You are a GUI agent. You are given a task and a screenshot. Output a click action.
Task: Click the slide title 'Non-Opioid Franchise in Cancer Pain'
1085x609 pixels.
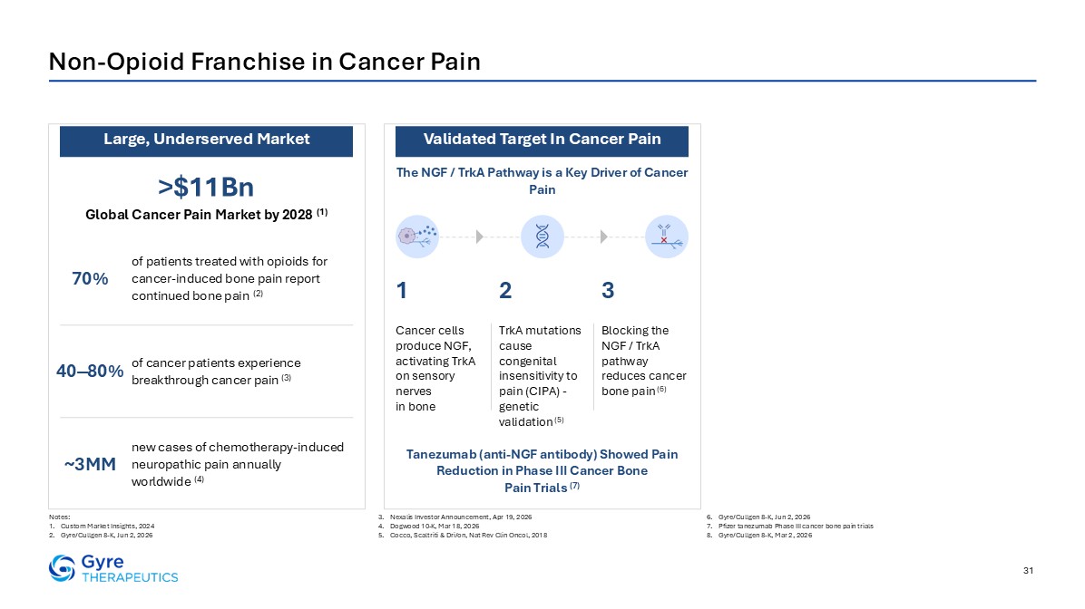click(264, 62)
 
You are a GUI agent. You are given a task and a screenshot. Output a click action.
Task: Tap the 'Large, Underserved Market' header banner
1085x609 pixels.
click(206, 141)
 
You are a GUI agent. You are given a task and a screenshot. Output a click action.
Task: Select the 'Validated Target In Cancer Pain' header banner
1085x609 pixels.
click(542, 141)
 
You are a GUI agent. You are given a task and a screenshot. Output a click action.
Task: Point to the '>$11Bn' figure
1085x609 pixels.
click(206, 187)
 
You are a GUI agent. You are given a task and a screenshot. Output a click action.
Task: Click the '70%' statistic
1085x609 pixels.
click(90, 278)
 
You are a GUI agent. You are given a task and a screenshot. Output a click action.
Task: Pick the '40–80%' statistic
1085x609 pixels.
click(90, 372)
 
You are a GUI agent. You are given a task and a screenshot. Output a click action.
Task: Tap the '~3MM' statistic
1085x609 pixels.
click(90, 464)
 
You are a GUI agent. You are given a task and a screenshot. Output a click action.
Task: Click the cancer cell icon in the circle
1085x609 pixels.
click(417, 237)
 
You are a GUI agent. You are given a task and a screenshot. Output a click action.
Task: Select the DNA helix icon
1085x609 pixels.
click(542, 237)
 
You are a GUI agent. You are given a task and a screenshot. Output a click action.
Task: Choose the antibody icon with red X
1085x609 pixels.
click(667, 237)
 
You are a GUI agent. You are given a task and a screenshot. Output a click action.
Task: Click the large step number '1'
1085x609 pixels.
click(401, 290)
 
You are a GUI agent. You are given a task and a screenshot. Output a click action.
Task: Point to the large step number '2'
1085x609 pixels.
click(505, 290)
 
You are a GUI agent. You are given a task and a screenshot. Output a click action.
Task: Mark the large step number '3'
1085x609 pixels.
click(608, 290)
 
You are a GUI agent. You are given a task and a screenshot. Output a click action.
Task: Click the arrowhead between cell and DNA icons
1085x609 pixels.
click(480, 237)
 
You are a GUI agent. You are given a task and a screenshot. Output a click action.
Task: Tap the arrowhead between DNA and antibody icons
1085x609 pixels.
click(604, 237)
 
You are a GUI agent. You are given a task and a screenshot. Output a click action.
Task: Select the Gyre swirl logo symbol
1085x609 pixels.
click(62, 568)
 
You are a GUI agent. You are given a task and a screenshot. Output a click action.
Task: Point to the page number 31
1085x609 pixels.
click(1028, 570)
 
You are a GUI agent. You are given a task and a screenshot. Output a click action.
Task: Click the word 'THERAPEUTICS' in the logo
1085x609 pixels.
click(130, 577)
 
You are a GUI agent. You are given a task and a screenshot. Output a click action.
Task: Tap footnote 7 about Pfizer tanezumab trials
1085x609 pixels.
click(789, 526)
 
